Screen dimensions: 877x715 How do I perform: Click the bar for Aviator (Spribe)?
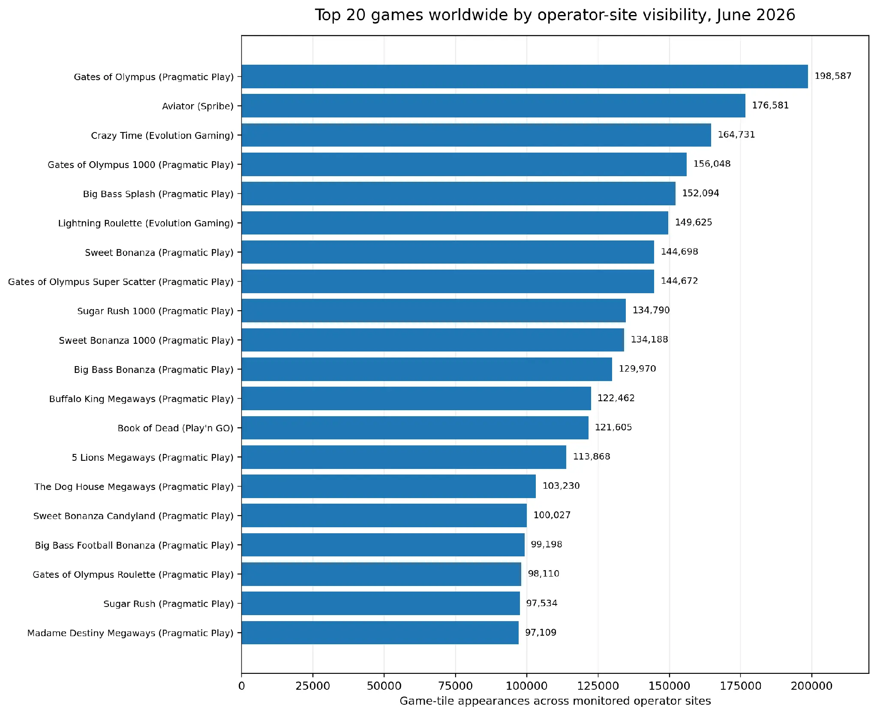click(493, 105)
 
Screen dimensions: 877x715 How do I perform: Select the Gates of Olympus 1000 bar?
click(464, 164)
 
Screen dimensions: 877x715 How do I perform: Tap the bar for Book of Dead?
click(415, 427)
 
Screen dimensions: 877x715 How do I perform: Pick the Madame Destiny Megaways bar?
click(380, 632)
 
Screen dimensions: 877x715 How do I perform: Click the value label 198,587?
click(833, 76)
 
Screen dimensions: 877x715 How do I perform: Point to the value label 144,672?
click(679, 281)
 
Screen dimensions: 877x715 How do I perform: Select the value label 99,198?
click(547, 544)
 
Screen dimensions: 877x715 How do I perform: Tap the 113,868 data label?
click(592, 457)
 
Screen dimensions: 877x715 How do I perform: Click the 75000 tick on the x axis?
click(455, 686)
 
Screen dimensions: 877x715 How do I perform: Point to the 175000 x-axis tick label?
click(740, 686)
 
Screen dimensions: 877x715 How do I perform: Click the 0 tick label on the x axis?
click(242, 686)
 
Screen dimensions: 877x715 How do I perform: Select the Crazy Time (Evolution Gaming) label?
click(162, 135)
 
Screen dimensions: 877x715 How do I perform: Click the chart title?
click(555, 15)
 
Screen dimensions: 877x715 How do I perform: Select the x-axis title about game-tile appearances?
click(555, 701)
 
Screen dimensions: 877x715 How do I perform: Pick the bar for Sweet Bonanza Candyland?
click(384, 515)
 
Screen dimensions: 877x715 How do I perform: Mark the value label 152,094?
click(701, 193)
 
